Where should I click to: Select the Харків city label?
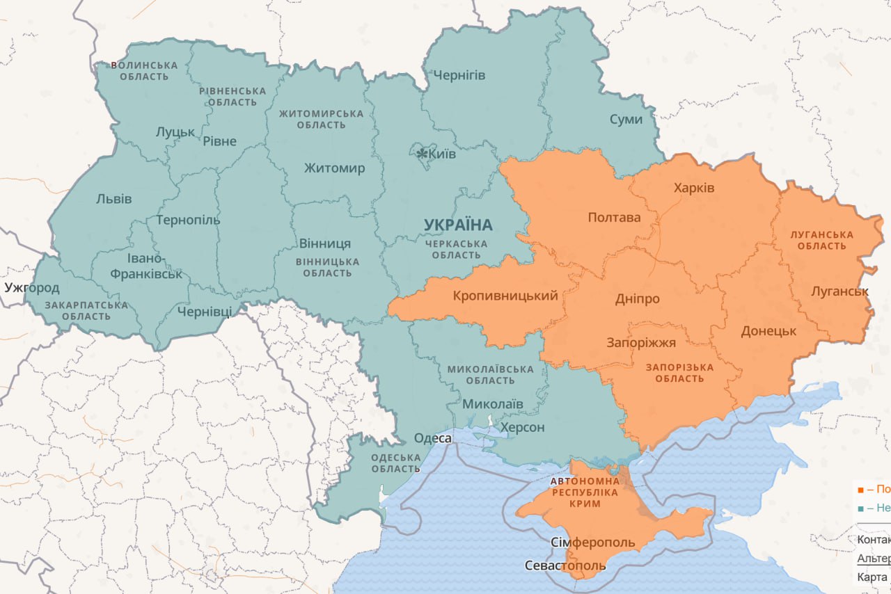click(694, 188)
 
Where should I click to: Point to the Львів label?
click(113, 199)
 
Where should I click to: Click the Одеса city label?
click(433, 438)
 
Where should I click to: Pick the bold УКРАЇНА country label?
click(458, 225)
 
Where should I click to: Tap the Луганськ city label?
click(839, 291)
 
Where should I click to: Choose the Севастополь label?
click(565, 565)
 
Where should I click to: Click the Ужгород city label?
click(32, 287)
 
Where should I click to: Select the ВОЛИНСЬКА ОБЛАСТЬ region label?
click(144, 70)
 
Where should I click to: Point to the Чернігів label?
click(459, 75)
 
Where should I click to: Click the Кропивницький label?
click(505, 296)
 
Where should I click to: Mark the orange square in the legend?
click(861, 490)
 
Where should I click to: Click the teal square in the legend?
click(861, 508)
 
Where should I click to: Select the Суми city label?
click(626, 119)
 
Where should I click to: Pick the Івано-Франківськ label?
click(145, 266)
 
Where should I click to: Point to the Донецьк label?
click(768, 331)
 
